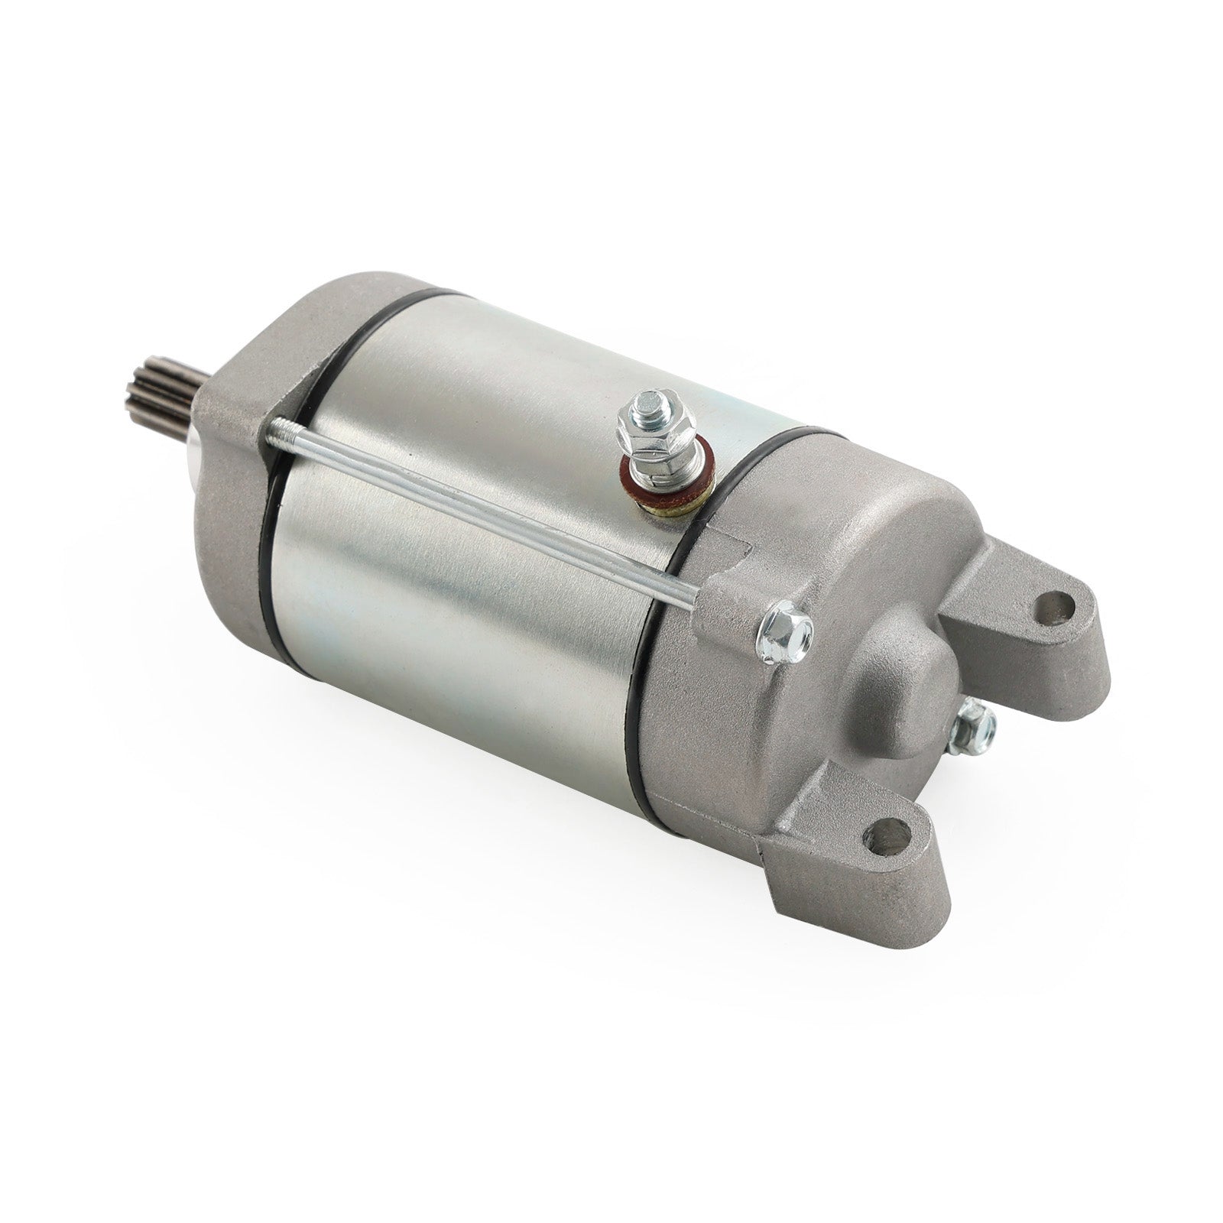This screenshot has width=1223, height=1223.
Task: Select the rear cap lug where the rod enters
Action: tap(722, 604)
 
